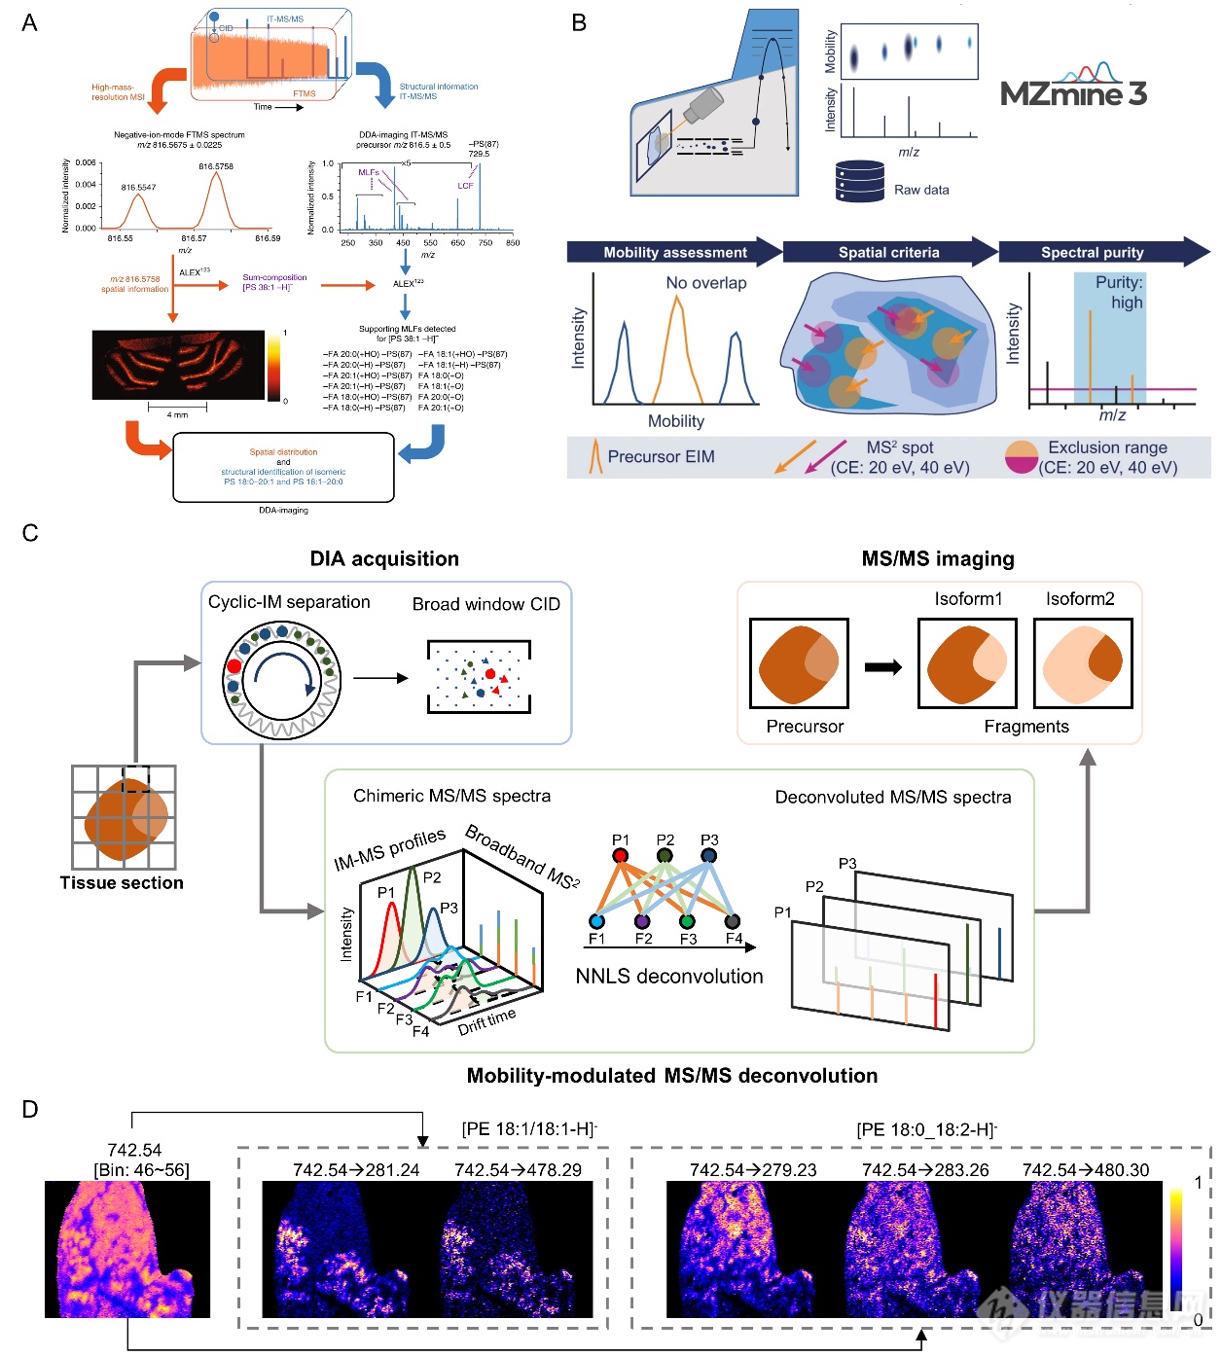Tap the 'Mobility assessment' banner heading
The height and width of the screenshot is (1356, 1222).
point(675,252)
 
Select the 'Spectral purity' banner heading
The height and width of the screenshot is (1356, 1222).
point(1092,252)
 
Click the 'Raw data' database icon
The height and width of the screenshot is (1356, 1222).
point(859,182)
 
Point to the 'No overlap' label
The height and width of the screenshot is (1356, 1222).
point(706,283)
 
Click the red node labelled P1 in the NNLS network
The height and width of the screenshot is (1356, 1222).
point(621,855)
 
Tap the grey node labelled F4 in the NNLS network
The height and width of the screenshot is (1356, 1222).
point(733,921)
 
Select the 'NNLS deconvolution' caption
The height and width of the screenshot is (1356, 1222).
point(669,977)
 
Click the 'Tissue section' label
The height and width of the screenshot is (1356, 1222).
point(122,883)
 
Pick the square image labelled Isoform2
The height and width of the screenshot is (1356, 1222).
point(1083,663)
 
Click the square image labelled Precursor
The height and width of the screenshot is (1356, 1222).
point(799,663)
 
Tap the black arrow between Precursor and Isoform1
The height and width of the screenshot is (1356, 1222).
point(883,667)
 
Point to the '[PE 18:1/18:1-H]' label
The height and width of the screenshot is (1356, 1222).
point(529,1129)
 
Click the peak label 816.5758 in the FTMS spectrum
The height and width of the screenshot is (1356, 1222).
point(216,166)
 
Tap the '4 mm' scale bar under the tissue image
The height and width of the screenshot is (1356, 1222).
point(177,409)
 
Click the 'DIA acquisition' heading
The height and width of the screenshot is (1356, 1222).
point(384,559)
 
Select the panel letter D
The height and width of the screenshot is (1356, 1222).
point(30,1110)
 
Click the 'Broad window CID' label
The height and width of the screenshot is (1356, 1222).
point(486,604)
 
